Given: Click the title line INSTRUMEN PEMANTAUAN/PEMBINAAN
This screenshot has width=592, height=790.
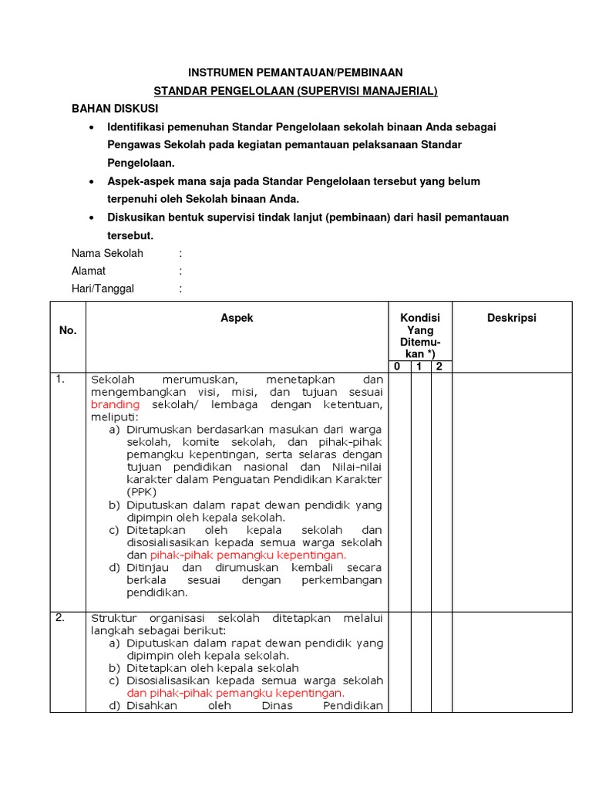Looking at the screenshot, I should coord(296,73).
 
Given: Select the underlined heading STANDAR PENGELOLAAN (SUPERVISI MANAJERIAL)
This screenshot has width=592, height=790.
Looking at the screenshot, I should coord(296,91).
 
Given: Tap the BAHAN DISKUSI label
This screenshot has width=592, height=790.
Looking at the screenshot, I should coord(115,110).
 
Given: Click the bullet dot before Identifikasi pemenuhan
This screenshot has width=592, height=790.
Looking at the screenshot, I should coord(93,127).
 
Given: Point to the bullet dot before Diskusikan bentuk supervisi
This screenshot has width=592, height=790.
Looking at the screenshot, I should coord(93,218).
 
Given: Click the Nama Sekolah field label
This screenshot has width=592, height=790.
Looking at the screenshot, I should coord(107,253).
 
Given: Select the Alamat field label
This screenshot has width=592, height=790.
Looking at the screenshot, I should coord(89,271).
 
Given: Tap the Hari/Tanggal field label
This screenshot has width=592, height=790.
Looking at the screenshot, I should coord(103,289).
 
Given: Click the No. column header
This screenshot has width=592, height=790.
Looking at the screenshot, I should coord(68,330).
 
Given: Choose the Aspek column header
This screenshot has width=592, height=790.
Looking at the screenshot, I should coord(237,318).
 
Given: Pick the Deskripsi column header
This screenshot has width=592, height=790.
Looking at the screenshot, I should coord(511,318).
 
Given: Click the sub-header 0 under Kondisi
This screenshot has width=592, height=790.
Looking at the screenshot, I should coord(397,366).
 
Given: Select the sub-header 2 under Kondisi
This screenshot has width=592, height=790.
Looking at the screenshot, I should coord(439,366).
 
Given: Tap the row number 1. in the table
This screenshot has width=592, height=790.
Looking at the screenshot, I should coord(60,379).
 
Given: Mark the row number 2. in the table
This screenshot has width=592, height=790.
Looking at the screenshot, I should coord(60,617).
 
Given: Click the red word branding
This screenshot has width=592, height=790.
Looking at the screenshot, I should coord(116,404).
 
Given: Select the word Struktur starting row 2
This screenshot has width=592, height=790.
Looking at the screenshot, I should coord(113,618).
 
